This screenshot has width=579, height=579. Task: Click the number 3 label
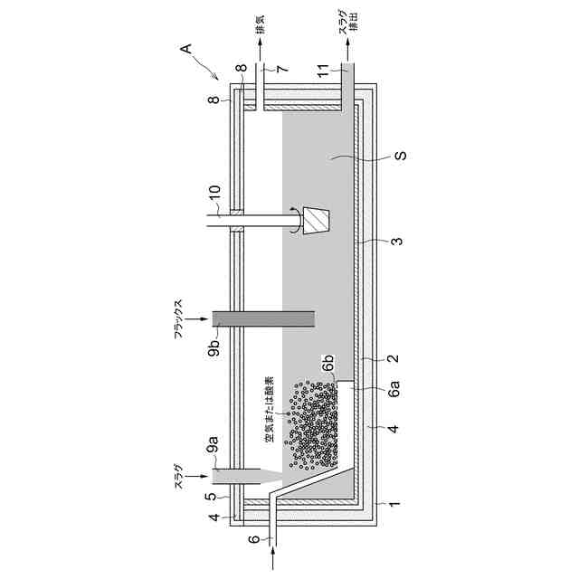tap(397, 242)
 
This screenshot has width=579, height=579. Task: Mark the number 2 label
tap(395, 359)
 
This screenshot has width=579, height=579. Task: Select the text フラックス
tap(180, 318)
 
